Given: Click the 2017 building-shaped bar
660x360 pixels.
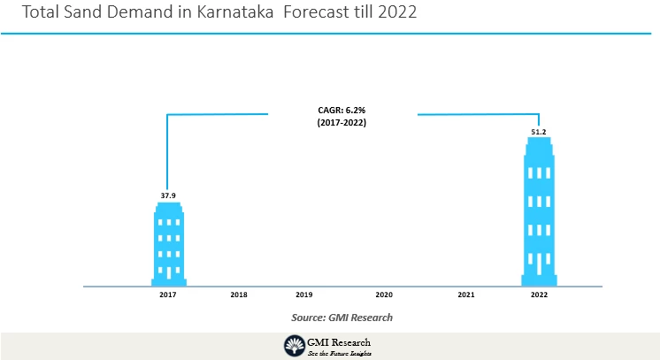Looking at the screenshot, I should coord(168,243).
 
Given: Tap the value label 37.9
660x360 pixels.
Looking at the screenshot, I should coord(168,195).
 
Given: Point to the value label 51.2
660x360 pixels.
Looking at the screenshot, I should coord(538,132).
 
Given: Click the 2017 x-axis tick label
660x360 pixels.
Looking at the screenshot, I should coord(168,294).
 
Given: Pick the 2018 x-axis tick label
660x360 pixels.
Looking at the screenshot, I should coord(238,294).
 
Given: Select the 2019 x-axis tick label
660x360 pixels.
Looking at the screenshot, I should coord(303,294).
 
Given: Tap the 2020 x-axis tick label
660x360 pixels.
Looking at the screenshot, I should coord(384,294).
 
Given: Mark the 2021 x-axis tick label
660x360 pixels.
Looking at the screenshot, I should coord(466,294).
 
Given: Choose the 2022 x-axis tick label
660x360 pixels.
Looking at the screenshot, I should coord(539,294).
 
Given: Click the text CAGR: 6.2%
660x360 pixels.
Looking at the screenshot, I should coord(342,110).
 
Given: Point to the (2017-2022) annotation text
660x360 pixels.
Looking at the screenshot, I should coord(342,123).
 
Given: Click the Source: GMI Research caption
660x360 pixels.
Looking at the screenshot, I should coord(342,317).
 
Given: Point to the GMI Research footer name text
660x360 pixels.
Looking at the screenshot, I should coord(340,342).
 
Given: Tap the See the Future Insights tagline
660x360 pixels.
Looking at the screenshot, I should coord(340,353).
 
